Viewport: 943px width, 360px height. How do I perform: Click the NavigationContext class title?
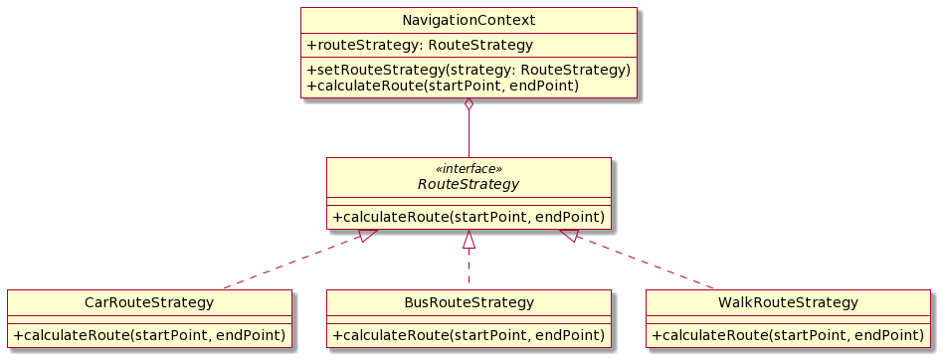(x=469, y=19)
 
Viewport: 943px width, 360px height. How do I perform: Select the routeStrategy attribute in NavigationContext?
(x=419, y=45)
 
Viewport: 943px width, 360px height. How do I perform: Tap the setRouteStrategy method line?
(x=469, y=70)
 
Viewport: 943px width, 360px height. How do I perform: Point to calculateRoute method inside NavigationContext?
(x=443, y=86)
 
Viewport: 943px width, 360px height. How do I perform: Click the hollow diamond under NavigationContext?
(x=469, y=106)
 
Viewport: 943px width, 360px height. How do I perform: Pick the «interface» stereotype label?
(x=469, y=169)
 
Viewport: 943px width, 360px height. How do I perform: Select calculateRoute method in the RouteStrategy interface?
(x=469, y=217)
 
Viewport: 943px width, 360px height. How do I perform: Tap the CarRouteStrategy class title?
(x=149, y=302)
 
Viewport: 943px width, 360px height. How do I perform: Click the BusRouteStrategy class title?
(x=469, y=302)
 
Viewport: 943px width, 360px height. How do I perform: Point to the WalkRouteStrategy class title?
(x=788, y=302)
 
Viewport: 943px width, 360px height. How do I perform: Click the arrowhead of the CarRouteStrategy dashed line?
(x=367, y=236)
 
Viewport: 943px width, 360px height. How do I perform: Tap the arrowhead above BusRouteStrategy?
(x=469, y=239)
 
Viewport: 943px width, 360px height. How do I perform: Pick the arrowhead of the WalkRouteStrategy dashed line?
(x=569, y=236)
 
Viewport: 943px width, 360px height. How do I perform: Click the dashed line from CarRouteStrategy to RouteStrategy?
(x=288, y=263)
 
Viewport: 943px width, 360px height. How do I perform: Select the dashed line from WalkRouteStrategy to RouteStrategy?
(x=647, y=263)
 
